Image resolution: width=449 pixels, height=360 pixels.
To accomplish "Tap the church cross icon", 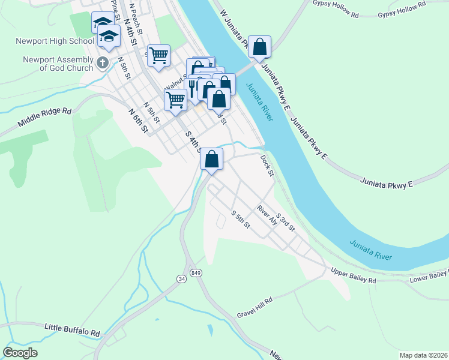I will click(x=103, y=62).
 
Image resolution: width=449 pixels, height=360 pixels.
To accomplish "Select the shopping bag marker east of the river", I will click(x=259, y=47).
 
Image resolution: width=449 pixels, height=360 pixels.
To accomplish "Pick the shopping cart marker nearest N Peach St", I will click(x=158, y=56).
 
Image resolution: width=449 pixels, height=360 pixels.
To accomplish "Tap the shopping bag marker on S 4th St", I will click(x=211, y=159).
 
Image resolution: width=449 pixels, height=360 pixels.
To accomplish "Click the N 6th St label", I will click(x=138, y=120).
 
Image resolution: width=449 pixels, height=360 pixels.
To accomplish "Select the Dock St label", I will click(x=267, y=166).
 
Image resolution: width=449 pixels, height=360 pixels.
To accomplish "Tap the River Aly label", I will click(x=267, y=215).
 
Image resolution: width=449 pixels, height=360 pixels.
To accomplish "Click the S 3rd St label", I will click(x=285, y=223).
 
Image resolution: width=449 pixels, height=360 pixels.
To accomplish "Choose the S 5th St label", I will click(x=241, y=219).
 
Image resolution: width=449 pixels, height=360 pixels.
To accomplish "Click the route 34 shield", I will click(x=181, y=279).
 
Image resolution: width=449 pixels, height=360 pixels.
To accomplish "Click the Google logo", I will click(x=20, y=352).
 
